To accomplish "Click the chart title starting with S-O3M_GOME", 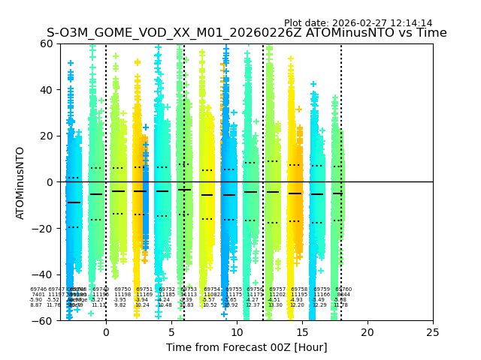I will click(247, 33).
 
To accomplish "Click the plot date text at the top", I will click(358, 23).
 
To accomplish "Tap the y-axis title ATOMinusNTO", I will click(20, 182).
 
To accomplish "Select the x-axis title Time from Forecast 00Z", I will click(247, 346).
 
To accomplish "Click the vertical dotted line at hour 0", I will click(106, 112).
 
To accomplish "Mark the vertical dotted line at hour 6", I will click(184, 112).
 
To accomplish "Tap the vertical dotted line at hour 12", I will click(263, 112).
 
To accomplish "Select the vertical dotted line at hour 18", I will click(341, 112).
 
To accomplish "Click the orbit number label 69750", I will click(123, 289).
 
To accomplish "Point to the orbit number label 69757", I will click(278, 289).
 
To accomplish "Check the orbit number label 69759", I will click(322, 289).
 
